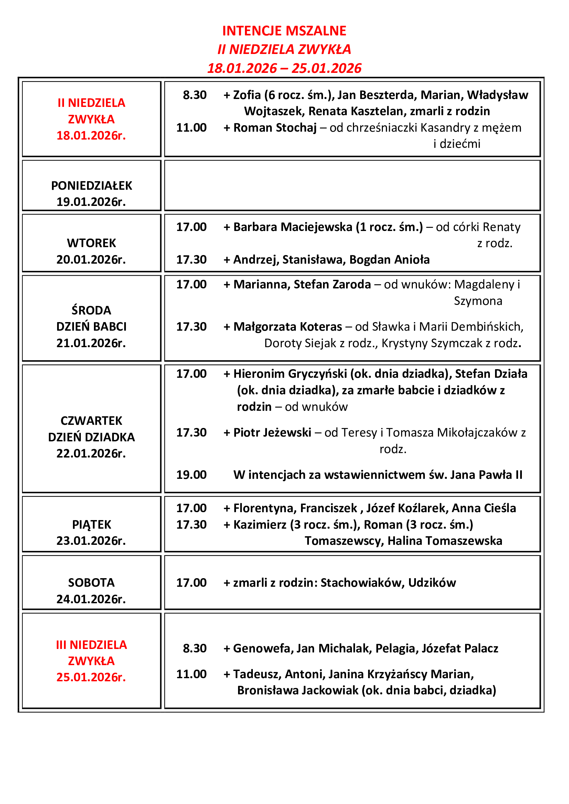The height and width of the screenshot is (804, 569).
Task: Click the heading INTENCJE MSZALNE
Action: pos(284,31)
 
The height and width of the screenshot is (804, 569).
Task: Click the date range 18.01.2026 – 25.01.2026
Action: pos(284,68)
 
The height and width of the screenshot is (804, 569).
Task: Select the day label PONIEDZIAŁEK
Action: pos(92,186)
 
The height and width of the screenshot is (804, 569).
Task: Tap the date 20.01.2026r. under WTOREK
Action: pos(91,260)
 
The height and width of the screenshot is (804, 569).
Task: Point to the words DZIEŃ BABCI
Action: pos(92,327)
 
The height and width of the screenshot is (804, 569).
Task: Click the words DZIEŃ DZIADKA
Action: pos(92,437)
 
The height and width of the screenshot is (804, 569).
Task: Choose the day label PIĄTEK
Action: pos(92,525)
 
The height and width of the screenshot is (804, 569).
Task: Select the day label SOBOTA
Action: pos(92,583)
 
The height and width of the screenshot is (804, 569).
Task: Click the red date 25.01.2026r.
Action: pos(91,677)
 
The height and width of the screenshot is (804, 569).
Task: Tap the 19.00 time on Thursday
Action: pos(191,475)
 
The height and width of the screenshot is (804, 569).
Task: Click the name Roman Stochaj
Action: pos(275,128)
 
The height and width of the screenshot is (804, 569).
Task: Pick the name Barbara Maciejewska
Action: pos(292,227)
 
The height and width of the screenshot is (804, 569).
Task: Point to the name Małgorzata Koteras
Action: pos(288,327)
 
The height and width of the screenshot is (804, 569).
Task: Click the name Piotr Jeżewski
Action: pos(272,433)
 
